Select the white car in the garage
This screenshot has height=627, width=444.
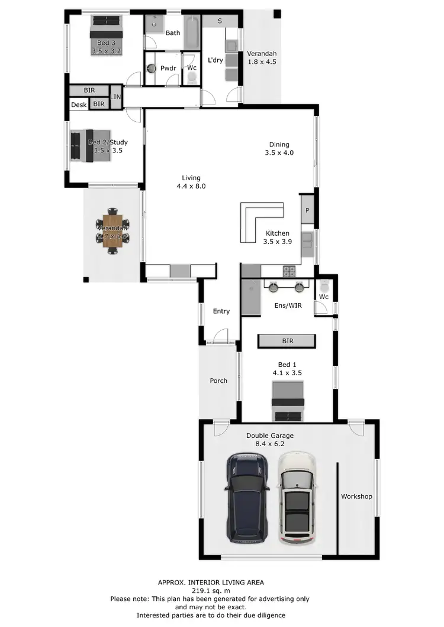point(297,498)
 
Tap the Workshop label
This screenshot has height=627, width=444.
point(356,496)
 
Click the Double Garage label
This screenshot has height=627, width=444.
point(270,436)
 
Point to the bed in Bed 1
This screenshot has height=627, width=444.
point(288,402)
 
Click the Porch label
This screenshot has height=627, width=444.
point(218,381)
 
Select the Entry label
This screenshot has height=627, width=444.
point(221,311)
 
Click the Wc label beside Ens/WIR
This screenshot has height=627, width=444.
point(324,297)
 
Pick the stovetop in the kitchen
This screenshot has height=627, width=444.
point(289,272)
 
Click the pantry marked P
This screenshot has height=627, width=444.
point(307,210)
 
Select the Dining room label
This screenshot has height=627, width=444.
point(279,144)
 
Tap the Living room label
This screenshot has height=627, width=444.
point(191,178)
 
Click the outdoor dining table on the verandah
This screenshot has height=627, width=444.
point(112,230)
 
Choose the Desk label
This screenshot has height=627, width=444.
point(79,105)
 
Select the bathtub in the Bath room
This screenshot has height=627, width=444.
point(192,34)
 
